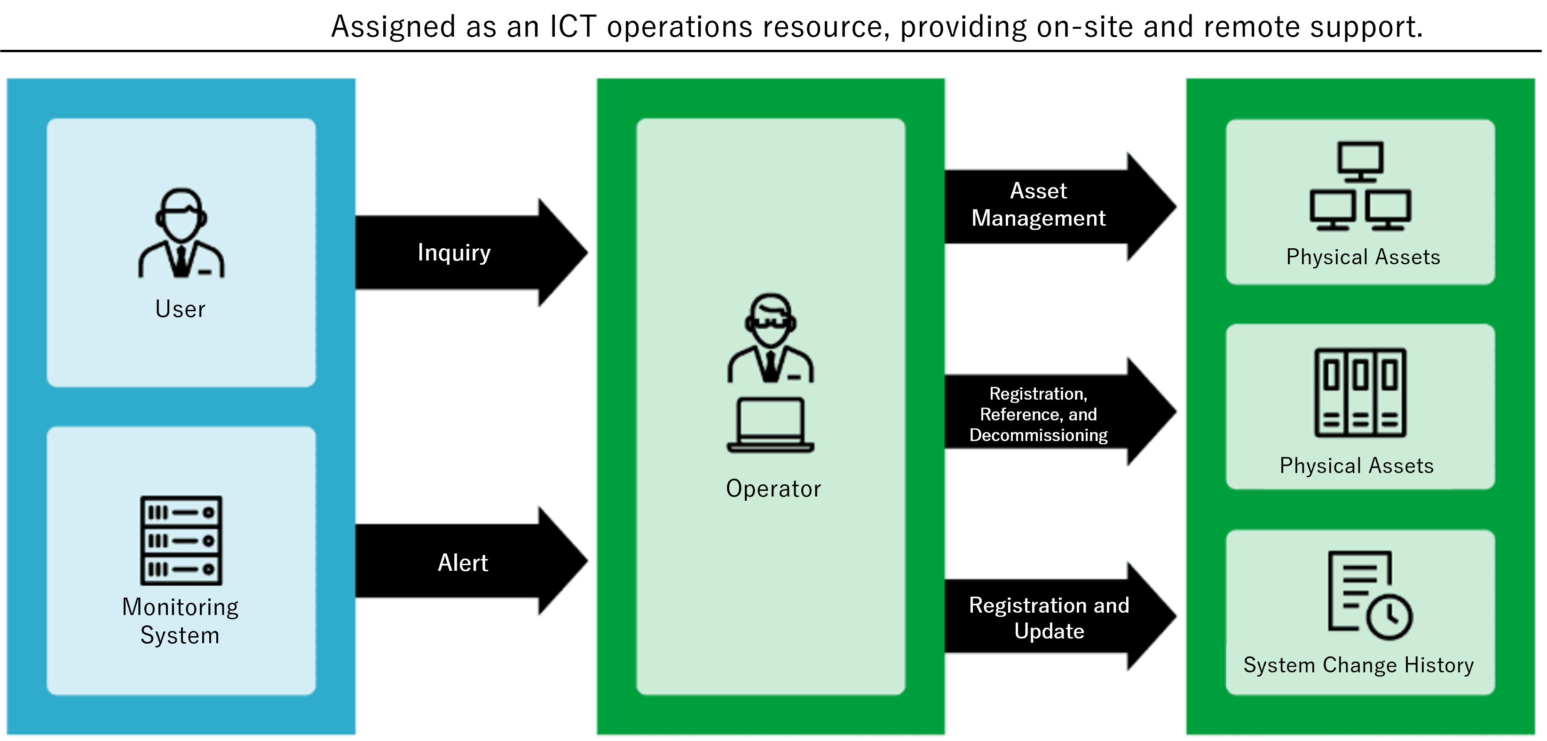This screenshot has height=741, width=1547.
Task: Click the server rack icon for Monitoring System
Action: coord(181,540)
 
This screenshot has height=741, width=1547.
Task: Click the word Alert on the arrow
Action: coord(462,563)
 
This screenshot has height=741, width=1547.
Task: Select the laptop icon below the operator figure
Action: coord(771,425)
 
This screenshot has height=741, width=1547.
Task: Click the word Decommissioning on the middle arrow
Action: coord(1038,435)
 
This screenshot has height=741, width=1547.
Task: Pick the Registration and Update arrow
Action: coord(1049,618)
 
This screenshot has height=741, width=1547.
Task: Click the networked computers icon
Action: coord(1360,186)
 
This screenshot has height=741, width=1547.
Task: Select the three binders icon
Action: coord(1360,392)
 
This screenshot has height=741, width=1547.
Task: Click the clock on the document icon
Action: coord(1389,617)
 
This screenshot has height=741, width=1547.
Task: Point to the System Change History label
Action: coord(1358,665)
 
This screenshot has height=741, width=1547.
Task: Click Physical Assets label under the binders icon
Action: coord(1357,466)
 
